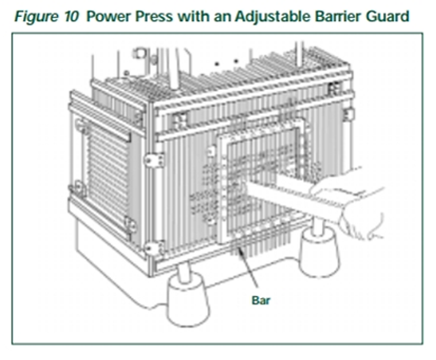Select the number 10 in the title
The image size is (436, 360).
click(72, 16)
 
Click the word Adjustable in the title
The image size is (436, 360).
click(272, 17)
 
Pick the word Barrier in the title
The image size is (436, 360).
click(338, 16)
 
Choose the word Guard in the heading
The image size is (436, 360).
click(388, 16)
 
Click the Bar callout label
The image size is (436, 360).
click(261, 300)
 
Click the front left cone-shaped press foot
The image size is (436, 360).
click(187, 304)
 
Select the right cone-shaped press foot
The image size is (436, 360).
click(319, 251)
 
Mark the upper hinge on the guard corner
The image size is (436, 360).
click(155, 160)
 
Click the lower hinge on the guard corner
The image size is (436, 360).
click(155, 248)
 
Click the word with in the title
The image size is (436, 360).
click(194, 16)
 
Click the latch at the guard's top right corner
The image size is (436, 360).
click(333, 88)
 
